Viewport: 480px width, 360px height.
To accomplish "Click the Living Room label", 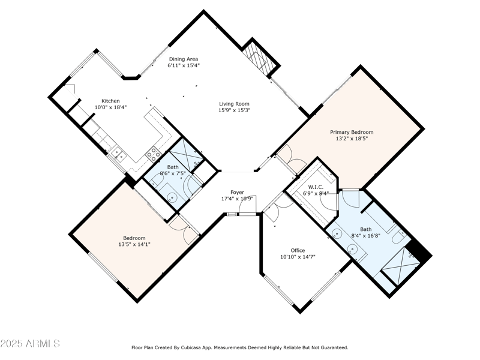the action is click(234, 104).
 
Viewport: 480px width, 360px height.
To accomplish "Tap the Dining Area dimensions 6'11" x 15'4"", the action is click(184, 65).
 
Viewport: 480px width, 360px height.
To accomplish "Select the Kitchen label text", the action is click(110, 101).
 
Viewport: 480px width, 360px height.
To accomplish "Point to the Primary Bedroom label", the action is click(352, 132).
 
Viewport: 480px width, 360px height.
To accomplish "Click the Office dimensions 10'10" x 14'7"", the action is click(298, 257).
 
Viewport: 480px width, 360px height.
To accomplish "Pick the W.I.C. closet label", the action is click(316, 187).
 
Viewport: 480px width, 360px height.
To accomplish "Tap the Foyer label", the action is click(237, 192).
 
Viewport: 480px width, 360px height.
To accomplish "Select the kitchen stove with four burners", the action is click(154, 154).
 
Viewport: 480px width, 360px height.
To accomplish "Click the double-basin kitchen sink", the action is click(118, 154).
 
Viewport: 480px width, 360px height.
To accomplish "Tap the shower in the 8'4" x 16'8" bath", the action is click(400, 266).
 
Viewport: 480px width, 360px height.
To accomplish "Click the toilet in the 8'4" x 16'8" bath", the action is click(399, 236).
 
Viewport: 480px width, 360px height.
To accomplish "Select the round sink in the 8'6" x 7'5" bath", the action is click(173, 198).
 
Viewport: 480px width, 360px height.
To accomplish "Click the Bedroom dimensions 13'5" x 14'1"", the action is click(134, 244).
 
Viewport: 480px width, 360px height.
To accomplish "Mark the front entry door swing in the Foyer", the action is click(248, 205).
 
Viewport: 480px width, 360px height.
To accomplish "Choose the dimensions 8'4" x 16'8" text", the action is click(366, 235).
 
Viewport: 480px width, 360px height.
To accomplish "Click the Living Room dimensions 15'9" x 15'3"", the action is click(235, 110).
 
